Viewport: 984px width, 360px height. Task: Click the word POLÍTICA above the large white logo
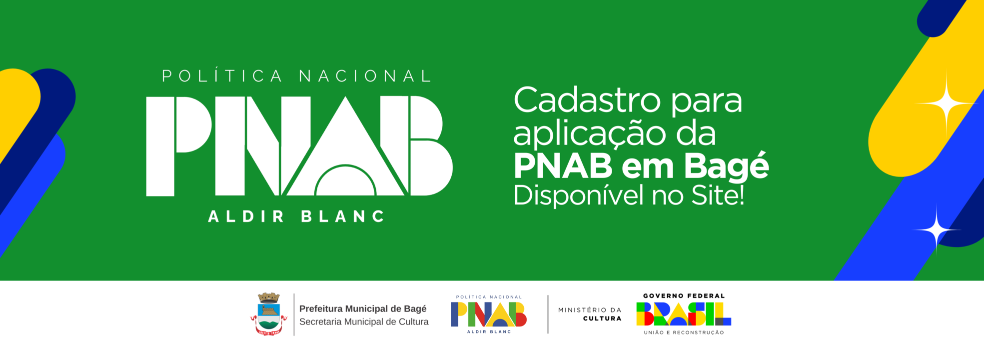[x=222, y=76]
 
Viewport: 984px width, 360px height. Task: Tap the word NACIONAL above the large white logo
[x=365, y=76]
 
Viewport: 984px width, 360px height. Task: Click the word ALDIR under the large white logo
[x=246, y=216]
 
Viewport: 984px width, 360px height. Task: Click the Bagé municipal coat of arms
[x=269, y=314]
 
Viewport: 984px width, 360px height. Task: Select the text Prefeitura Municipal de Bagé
[x=363, y=309]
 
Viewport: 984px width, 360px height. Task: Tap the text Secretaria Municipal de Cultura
[x=364, y=322]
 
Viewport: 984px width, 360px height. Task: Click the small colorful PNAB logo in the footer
[x=488, y=314]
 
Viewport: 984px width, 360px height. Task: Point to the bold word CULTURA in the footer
[x=602, y=318]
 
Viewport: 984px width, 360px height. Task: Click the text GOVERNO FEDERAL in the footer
[x=684, y=296]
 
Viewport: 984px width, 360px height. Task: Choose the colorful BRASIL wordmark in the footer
[x=684, y=314]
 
